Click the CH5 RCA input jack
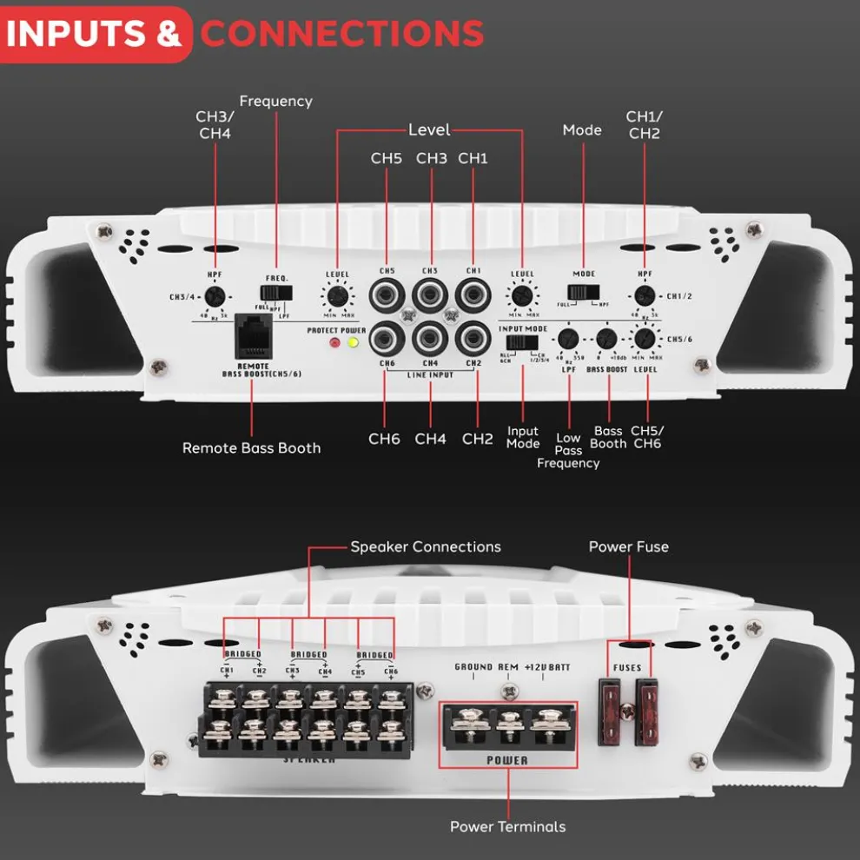(384, 294)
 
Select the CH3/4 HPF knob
(215, 296)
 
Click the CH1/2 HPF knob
(644, 295)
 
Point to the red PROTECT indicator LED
(334, 343)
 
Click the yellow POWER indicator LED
(353, 343)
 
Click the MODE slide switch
(584, 293)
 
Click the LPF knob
(568, 339)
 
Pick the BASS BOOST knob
(607, 339)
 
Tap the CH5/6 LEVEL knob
(644, 339)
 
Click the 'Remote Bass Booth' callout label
(251, 448)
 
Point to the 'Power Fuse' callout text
(628, 546)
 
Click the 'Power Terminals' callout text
(507, 826)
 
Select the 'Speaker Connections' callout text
(426, 547)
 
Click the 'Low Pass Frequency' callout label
(568, 450)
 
